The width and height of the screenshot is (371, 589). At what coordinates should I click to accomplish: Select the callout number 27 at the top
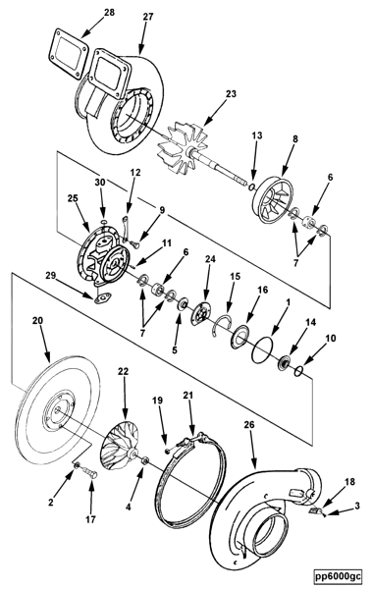(x=147, y=18)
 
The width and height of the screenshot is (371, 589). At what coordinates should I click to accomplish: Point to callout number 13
(x=257, y=135)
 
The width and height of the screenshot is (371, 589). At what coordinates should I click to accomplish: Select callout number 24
(x=208, y=259)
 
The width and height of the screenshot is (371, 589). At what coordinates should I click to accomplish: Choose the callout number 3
(x=357, y=506)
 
